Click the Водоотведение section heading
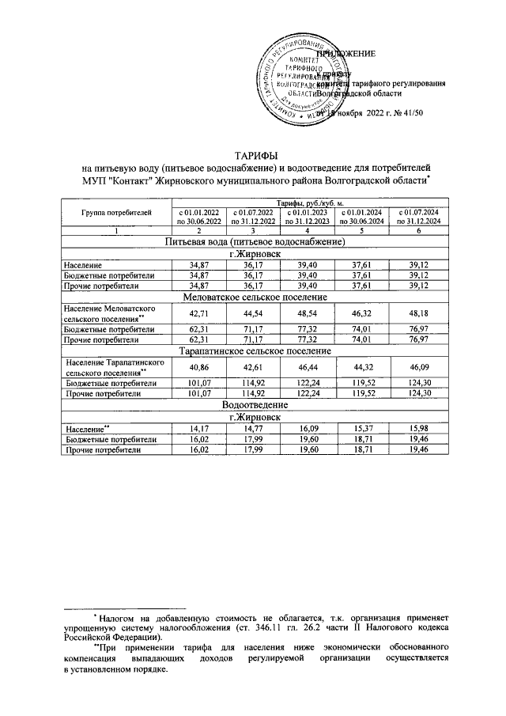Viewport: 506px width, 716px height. click(x=254, y=404)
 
